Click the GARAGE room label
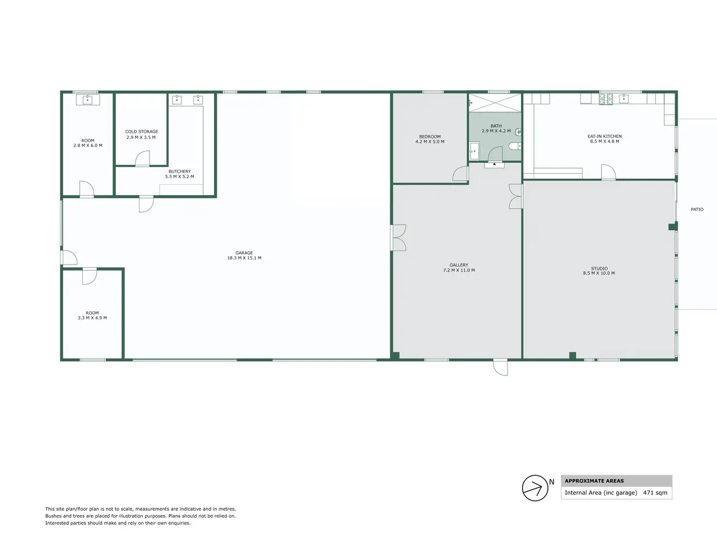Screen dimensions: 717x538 [244, 253]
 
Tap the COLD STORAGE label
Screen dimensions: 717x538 [142, 132]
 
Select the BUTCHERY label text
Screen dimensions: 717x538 [180, 171]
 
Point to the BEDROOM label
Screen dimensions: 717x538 [430, 137]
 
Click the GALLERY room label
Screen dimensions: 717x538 [459, 265]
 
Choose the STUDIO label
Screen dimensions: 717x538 [599, 268]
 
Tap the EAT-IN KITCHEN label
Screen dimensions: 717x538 [604, 136]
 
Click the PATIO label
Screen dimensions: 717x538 [697, 210]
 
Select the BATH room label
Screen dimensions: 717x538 [496, 126]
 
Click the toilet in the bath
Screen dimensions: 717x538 [515, 146]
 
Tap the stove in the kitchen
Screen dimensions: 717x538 [606, 99]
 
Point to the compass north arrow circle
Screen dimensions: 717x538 [535, 488]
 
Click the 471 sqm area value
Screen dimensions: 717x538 [655, 493]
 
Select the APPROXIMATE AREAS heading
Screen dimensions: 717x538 [594, 481]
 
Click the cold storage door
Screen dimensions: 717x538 [143, 159]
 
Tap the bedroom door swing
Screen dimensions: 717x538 [460, 174]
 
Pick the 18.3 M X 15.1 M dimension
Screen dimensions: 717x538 [244, 258]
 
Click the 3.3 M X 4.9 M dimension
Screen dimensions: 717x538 [92, 318]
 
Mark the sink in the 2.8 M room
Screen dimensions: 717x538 [88, 100]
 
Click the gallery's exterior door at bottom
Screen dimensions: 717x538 [500, 367]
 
